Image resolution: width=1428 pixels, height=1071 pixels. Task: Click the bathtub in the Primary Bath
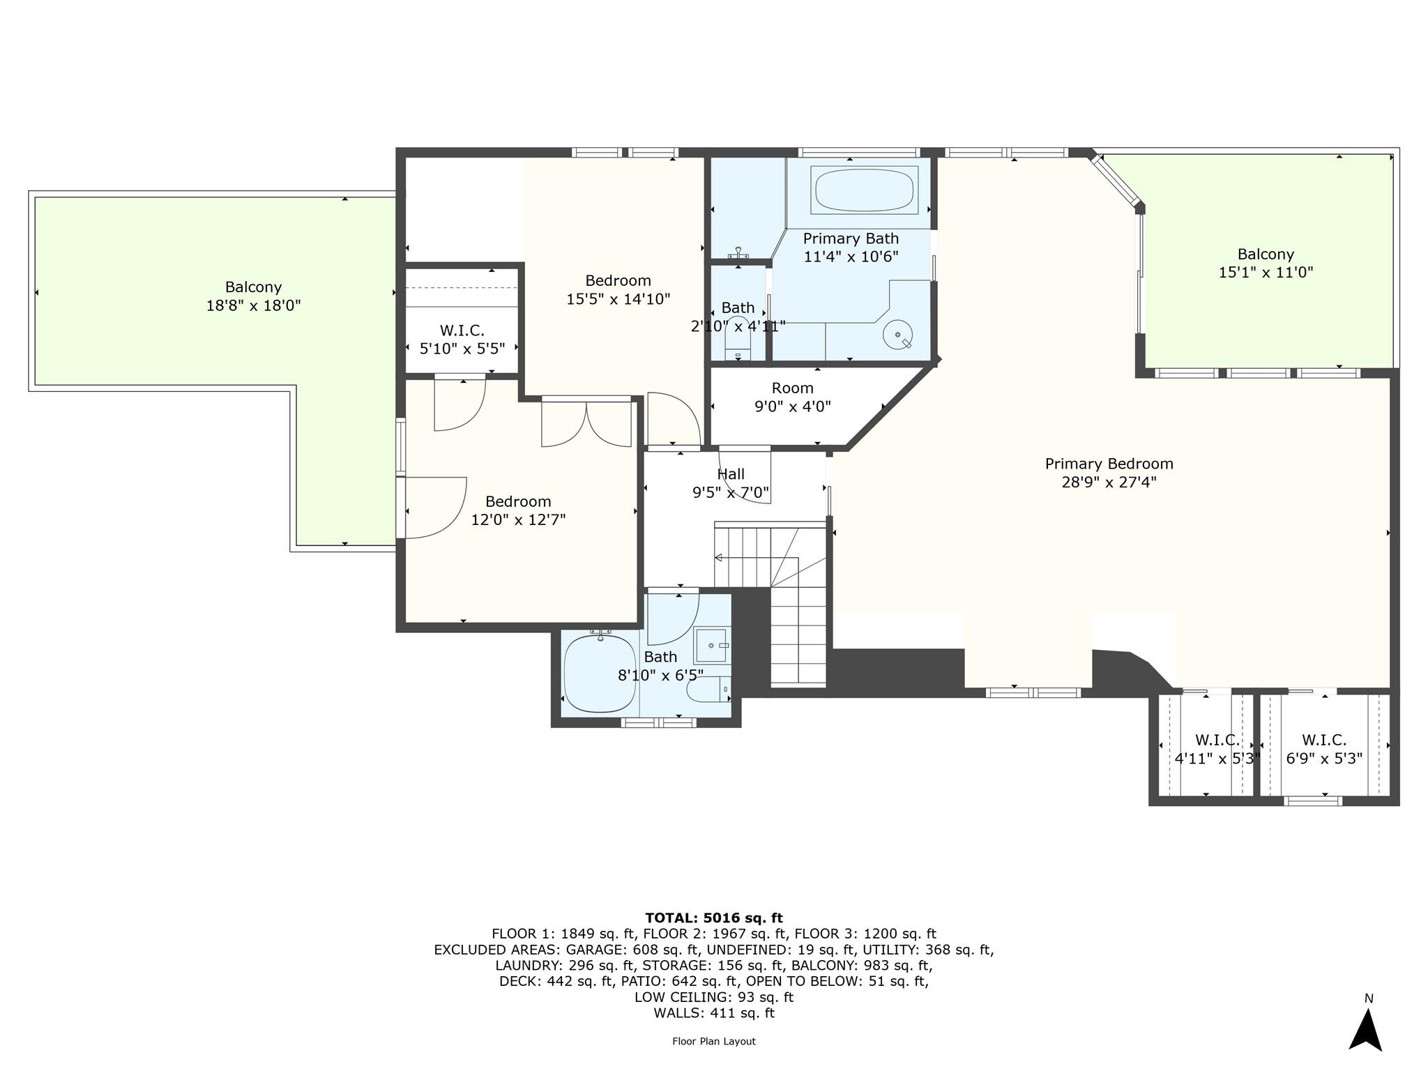pyautogui.click(x=864, y=190)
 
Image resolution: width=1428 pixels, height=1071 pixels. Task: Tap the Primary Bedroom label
pyautogui.click(x=1109, y=464)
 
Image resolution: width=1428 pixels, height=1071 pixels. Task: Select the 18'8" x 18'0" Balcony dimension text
pyautogui.click(x=253, y=305)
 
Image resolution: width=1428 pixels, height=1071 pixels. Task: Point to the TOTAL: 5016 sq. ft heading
pyautogui.click(x=713, y=918)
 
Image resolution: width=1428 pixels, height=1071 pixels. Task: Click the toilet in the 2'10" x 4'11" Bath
pyautogui.click(x=737, y=340)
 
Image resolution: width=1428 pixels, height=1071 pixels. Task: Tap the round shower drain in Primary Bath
pyautogui.click(x=897, y=335)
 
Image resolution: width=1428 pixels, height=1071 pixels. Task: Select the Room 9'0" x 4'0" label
pyautogui.click(x=792, y=397)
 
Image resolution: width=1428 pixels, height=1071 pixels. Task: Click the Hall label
pyautogui.click(x=730, y=474)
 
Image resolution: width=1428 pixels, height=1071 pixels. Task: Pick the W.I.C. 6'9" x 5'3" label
pyautogui.click(x=1323, y=749)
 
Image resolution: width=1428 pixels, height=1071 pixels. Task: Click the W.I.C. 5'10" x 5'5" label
pyautogui.click(x=462, y=340)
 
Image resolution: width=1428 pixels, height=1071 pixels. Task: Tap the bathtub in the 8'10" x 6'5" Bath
pyautogui.click(x=600, y=673)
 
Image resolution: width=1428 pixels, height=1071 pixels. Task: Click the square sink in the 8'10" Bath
pyautogui.click(x=712, y=646)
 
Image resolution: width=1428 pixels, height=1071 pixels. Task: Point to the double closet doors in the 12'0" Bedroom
pyautogui.click(x=586, y=423)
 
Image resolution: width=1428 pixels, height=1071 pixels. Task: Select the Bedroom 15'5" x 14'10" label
pyautogui.click(x=618, y=289)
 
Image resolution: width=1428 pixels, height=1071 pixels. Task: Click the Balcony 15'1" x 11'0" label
pyautogui.click(x=1265, y=264)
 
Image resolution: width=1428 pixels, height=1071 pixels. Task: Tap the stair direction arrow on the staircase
pyautogui.click(x=719, y=558)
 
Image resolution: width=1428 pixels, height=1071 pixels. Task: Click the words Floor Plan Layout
pyautogui.click(x=713, y=1041)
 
